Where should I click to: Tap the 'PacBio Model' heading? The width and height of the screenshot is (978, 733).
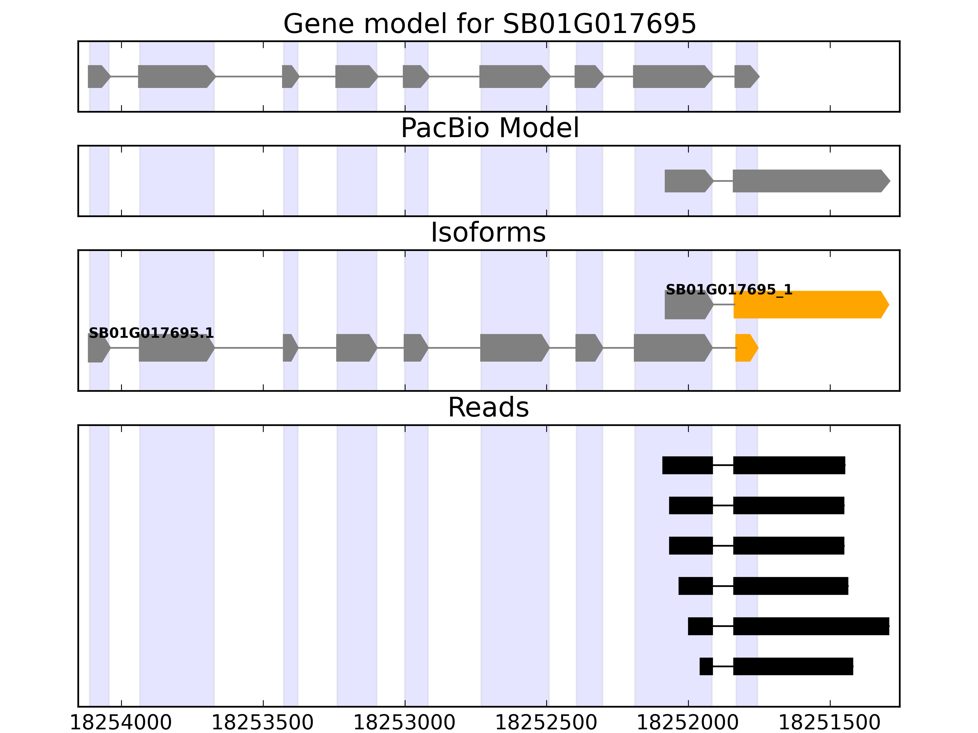click(489, 128)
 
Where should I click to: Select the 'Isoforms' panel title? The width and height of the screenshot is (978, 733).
click(488, 232)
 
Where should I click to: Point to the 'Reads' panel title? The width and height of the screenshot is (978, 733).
click(488, 407)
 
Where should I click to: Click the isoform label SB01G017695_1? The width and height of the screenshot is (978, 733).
click(729, 290)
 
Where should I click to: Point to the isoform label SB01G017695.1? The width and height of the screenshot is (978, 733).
click(151, 333)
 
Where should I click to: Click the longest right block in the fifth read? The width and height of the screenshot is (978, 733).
click(811, 626)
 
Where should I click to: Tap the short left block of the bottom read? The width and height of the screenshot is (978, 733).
click(706, 666)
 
